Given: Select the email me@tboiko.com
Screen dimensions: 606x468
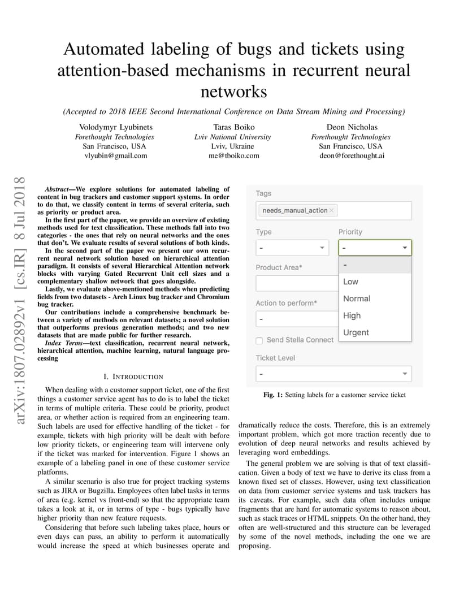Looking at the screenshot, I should tap(233, 155).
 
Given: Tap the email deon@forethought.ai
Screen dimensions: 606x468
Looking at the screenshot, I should tap(352, 155).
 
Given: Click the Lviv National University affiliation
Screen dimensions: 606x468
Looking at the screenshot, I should tap(233, 137).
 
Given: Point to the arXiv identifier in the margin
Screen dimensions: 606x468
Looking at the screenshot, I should tap(21, 300).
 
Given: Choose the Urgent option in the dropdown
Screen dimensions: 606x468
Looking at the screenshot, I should tap(356, 332).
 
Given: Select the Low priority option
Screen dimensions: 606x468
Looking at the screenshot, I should tap(351, 282).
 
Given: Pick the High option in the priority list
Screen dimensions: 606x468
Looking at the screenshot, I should tap(352, 315).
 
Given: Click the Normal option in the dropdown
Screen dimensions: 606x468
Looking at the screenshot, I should tap(357, 298).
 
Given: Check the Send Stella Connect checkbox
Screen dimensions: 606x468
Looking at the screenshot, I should tap(259, 340).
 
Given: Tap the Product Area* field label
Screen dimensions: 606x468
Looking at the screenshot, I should tap(279, 267).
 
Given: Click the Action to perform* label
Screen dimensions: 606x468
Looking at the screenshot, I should tap(286, 303).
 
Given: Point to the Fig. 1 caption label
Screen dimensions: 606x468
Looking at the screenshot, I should tap(272, 395).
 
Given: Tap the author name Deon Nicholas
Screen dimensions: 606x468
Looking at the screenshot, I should tap(352, 127).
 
